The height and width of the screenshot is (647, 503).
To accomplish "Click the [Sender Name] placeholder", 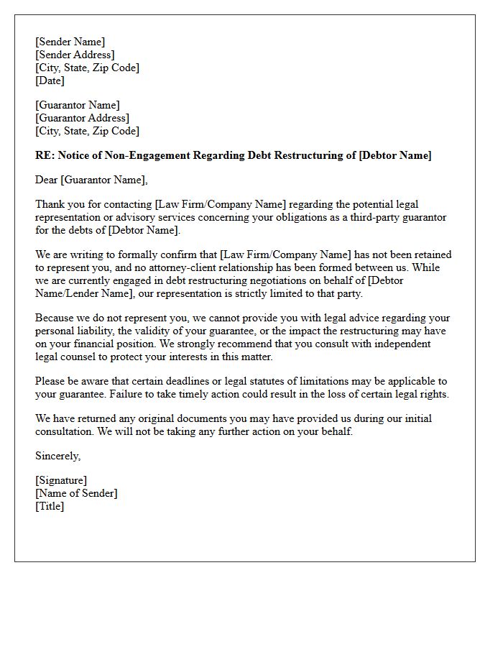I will point(70,42).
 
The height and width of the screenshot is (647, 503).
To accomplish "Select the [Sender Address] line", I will point(75,55).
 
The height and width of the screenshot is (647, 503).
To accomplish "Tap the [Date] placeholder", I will point(50,81).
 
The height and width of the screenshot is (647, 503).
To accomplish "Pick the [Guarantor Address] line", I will point(82,118).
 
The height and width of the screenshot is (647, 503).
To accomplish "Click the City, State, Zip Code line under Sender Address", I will point(87,68).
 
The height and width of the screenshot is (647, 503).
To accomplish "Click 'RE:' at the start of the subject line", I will point(44,155).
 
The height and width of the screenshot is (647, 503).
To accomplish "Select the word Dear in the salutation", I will point(47,180).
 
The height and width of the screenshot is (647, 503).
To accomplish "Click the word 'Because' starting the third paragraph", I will point(55,318).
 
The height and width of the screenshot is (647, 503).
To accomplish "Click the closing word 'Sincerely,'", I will point(57,456).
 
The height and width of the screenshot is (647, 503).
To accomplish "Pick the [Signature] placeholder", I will point(61,480).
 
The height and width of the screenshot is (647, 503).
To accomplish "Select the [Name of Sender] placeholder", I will point(76,493).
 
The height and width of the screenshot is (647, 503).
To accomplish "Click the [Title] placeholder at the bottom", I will point(50,506).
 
